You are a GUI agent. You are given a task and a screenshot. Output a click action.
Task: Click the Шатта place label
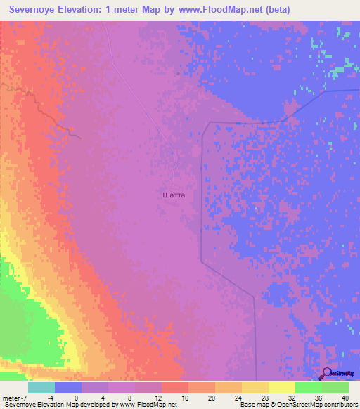173,195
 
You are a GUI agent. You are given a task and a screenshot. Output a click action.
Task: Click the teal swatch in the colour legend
41,387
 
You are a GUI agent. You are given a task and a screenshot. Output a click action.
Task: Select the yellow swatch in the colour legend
281,387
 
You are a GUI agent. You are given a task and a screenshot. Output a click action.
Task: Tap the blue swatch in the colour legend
68,387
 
